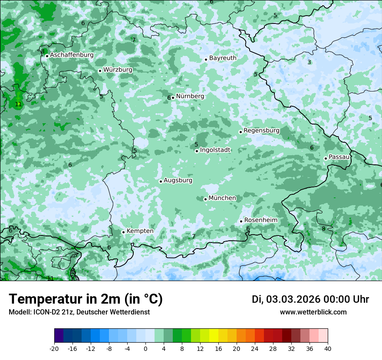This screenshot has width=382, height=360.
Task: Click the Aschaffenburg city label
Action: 72,55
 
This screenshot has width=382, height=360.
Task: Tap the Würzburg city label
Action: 118,70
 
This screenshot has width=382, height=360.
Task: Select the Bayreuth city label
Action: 223,58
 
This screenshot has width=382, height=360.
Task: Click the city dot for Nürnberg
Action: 173,98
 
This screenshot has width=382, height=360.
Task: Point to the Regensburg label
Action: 261,131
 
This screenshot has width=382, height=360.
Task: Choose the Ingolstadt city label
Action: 215,150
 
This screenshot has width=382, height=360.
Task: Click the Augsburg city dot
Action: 161,181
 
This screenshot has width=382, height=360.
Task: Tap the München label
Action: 222,198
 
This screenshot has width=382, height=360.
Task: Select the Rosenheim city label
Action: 260,220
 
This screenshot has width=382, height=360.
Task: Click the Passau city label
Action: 339,157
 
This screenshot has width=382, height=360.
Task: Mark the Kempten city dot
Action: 123,232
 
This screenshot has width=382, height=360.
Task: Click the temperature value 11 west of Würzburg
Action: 18,105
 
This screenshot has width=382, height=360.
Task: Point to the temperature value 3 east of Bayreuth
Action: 309,62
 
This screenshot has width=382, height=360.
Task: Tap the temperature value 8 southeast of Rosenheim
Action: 323,229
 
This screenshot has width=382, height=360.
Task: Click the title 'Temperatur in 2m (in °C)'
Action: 86,299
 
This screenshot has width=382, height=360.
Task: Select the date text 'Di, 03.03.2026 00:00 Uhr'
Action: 310,299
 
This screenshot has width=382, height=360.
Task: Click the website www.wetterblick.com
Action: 313,312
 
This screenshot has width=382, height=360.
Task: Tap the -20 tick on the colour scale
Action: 54,348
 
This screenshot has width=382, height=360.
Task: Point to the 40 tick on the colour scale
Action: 327,348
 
